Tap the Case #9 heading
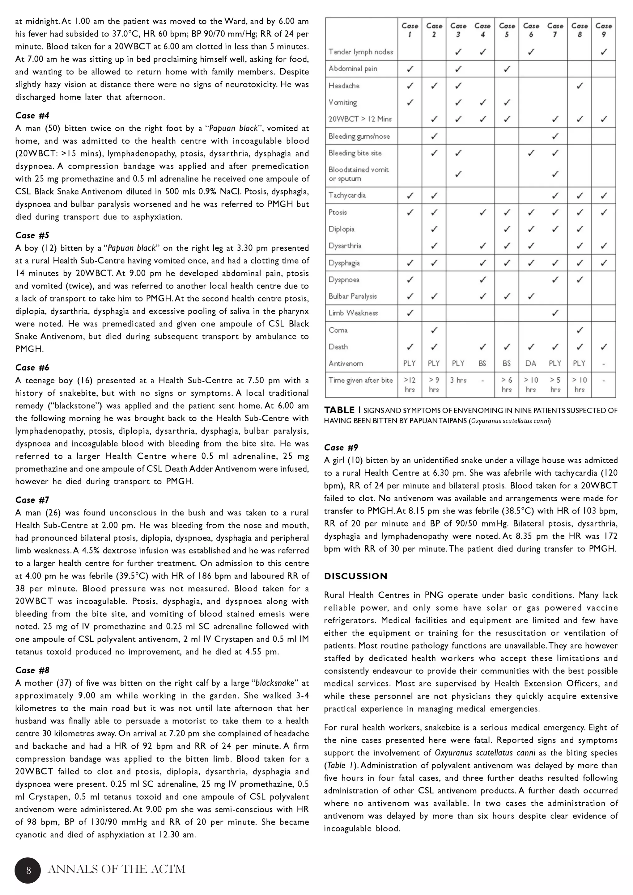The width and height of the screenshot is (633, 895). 341,447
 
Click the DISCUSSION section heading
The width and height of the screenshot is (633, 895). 355,576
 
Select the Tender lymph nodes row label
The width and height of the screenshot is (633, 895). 360,52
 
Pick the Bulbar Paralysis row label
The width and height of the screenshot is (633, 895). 353,296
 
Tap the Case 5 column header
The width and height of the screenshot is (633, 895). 507,30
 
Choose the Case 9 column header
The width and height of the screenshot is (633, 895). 603,30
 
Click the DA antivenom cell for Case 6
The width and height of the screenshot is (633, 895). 530,363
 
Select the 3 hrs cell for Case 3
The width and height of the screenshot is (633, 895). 457,380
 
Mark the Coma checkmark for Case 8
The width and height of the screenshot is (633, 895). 580,330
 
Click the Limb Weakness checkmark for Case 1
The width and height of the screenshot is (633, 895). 410,313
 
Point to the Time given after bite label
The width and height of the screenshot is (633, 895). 360,380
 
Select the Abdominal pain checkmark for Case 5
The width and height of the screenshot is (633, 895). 507,69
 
